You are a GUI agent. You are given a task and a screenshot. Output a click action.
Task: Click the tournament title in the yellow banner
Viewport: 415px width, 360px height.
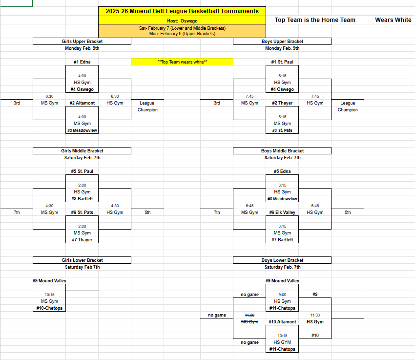pyautogui.click(x=182, y=11)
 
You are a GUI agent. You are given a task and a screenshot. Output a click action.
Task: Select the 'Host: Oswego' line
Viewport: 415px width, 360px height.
pyautogui.click(x=182, y=21)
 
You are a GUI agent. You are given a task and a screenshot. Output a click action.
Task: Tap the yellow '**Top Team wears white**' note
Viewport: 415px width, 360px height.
pyautogui.click(x=182, y=62)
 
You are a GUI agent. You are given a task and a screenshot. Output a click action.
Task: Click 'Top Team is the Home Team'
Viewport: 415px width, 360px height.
pyautogui.click(x=315, y=20)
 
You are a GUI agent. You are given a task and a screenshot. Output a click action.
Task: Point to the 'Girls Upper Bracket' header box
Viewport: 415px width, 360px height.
pyautogui.click(x=82, y=42)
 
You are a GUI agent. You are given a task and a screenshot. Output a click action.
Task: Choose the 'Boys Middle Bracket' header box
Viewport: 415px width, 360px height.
pyautogui.click(x=282, y=151)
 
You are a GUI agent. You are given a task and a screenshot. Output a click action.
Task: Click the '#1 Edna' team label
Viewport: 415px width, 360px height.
pyautogui.click(x=82, y=62)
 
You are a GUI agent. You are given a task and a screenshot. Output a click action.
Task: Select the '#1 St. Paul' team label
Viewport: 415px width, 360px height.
pyautogui.click(x=282, y=62)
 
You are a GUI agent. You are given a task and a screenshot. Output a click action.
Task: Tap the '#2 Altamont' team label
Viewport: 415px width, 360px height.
pyautogui.click(x=82, y=103)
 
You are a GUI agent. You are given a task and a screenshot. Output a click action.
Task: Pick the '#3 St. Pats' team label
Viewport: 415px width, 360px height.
pyautogui.click(x=282, y=130)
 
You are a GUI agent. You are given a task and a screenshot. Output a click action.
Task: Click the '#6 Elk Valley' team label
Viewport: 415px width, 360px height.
pyautogui.click(x=282, y=212)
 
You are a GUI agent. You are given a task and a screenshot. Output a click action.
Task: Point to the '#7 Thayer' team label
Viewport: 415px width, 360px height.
pyautogui.click(x=82, y=240)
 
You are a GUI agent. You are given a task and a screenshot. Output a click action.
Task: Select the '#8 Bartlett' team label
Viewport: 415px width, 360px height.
pyautogui.click(x=82, y=199)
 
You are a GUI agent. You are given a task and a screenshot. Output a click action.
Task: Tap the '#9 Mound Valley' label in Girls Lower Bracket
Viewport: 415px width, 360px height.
pyautogui.click(x=49, y=281)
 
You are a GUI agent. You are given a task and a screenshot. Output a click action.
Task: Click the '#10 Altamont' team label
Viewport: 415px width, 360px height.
pyautogui.click(x=282, y=322)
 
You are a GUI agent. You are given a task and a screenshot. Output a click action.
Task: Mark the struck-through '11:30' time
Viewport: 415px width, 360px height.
pyautogui.click(x=249, y=315)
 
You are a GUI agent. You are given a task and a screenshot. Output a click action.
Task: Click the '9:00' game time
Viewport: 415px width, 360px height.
pyautogui.click(x=282, y=295)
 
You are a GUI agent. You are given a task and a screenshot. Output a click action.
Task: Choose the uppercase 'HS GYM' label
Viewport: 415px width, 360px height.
pyautogui.click(x=282, y=342)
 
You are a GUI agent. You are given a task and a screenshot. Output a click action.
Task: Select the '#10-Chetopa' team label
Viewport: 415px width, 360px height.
pyautogui.click(x=49, y=308)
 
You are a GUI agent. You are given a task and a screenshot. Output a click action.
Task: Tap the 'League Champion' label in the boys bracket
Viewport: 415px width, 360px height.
pyautogui.click(x=348, y=106)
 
